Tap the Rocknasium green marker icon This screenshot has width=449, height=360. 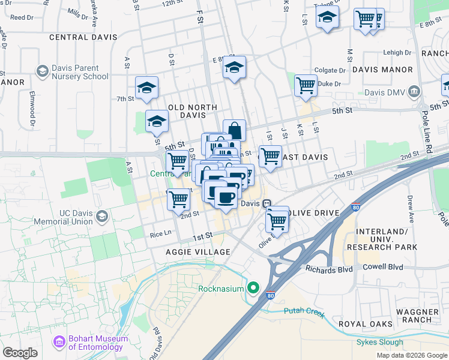[254, 289]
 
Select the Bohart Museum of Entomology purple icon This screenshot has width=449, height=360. [59, 343]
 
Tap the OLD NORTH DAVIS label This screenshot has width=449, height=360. [192, 111]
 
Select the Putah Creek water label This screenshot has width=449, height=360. [306, 314]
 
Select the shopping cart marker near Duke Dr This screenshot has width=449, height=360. [306, 85]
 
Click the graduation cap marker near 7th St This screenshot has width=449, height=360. [146, 88]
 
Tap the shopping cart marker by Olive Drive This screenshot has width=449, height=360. [277, 221]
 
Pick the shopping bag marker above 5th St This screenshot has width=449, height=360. [234, 130]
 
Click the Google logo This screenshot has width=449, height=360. [20, 353]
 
